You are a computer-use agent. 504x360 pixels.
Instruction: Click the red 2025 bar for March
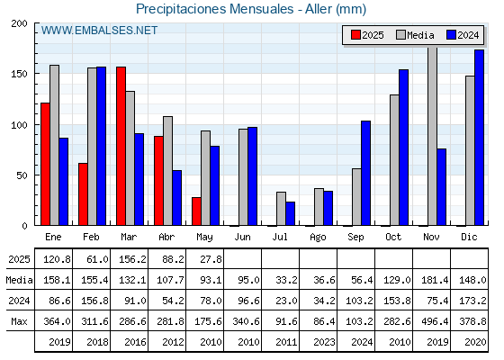pos(121,146)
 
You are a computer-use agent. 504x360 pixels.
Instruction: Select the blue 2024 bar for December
pos(479,138)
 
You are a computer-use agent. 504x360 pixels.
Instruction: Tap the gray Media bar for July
pos(281,209)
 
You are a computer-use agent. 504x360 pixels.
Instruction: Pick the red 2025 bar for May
pos(197,211)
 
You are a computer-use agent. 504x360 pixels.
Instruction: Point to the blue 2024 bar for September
pos(365,173)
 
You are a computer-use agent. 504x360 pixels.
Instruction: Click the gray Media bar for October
pos(395,160)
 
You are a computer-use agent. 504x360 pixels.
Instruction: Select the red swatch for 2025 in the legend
pos(355,35)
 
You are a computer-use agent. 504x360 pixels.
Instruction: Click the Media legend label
pos(420,35)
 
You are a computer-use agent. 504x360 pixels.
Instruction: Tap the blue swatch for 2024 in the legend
pos(451,35)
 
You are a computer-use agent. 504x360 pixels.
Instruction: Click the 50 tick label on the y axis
pos(22,175)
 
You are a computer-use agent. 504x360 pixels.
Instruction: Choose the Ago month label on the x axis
pos(319,238)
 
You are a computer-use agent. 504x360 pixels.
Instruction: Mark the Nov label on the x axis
pos(431,237)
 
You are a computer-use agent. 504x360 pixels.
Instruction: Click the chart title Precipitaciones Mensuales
pos(215,9)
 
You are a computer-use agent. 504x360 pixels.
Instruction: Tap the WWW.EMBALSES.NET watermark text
pos(99,31)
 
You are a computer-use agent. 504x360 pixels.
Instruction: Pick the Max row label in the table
pos(19,321)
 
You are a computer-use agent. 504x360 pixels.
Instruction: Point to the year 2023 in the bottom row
pos(324,342)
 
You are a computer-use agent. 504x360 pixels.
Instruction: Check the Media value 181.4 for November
pos(435,280)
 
